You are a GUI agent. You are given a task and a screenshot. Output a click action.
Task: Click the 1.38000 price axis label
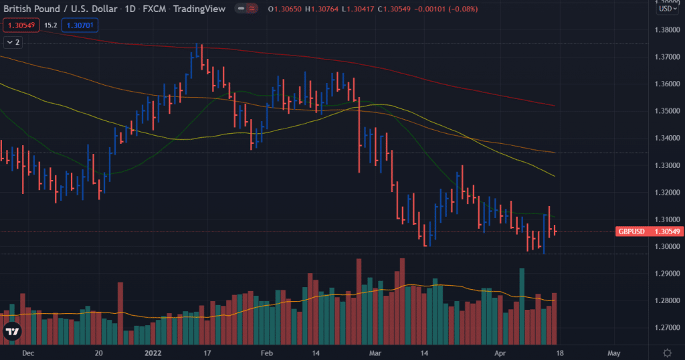click(666, 30)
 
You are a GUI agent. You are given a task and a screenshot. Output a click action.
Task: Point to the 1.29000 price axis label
click(666, 274)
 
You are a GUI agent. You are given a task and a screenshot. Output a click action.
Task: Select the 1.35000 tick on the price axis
click(666, 111)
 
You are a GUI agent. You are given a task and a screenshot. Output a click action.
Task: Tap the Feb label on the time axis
click(266, 353)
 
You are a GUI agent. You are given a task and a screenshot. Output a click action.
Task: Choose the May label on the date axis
click(614, 353)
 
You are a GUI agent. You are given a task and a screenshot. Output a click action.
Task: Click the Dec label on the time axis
click(27, 353)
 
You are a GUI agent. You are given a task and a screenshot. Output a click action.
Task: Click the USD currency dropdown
click(666, 9)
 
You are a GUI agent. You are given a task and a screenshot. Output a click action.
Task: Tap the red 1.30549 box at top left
click(21, 25)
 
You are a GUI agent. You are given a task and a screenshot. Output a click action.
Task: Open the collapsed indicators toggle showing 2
click(13, 42)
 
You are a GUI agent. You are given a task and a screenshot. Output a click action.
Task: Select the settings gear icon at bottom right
click(666, 353)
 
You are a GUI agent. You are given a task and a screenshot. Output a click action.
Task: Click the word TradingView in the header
click(199, 9)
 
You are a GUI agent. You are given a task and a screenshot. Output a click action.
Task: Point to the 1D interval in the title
click(130, 9)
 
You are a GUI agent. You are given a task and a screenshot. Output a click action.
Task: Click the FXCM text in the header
click(155, 9)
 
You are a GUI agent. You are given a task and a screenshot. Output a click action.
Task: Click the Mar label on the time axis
click(375, 353)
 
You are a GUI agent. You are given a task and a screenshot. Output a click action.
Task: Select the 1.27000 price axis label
click(666, 328)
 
